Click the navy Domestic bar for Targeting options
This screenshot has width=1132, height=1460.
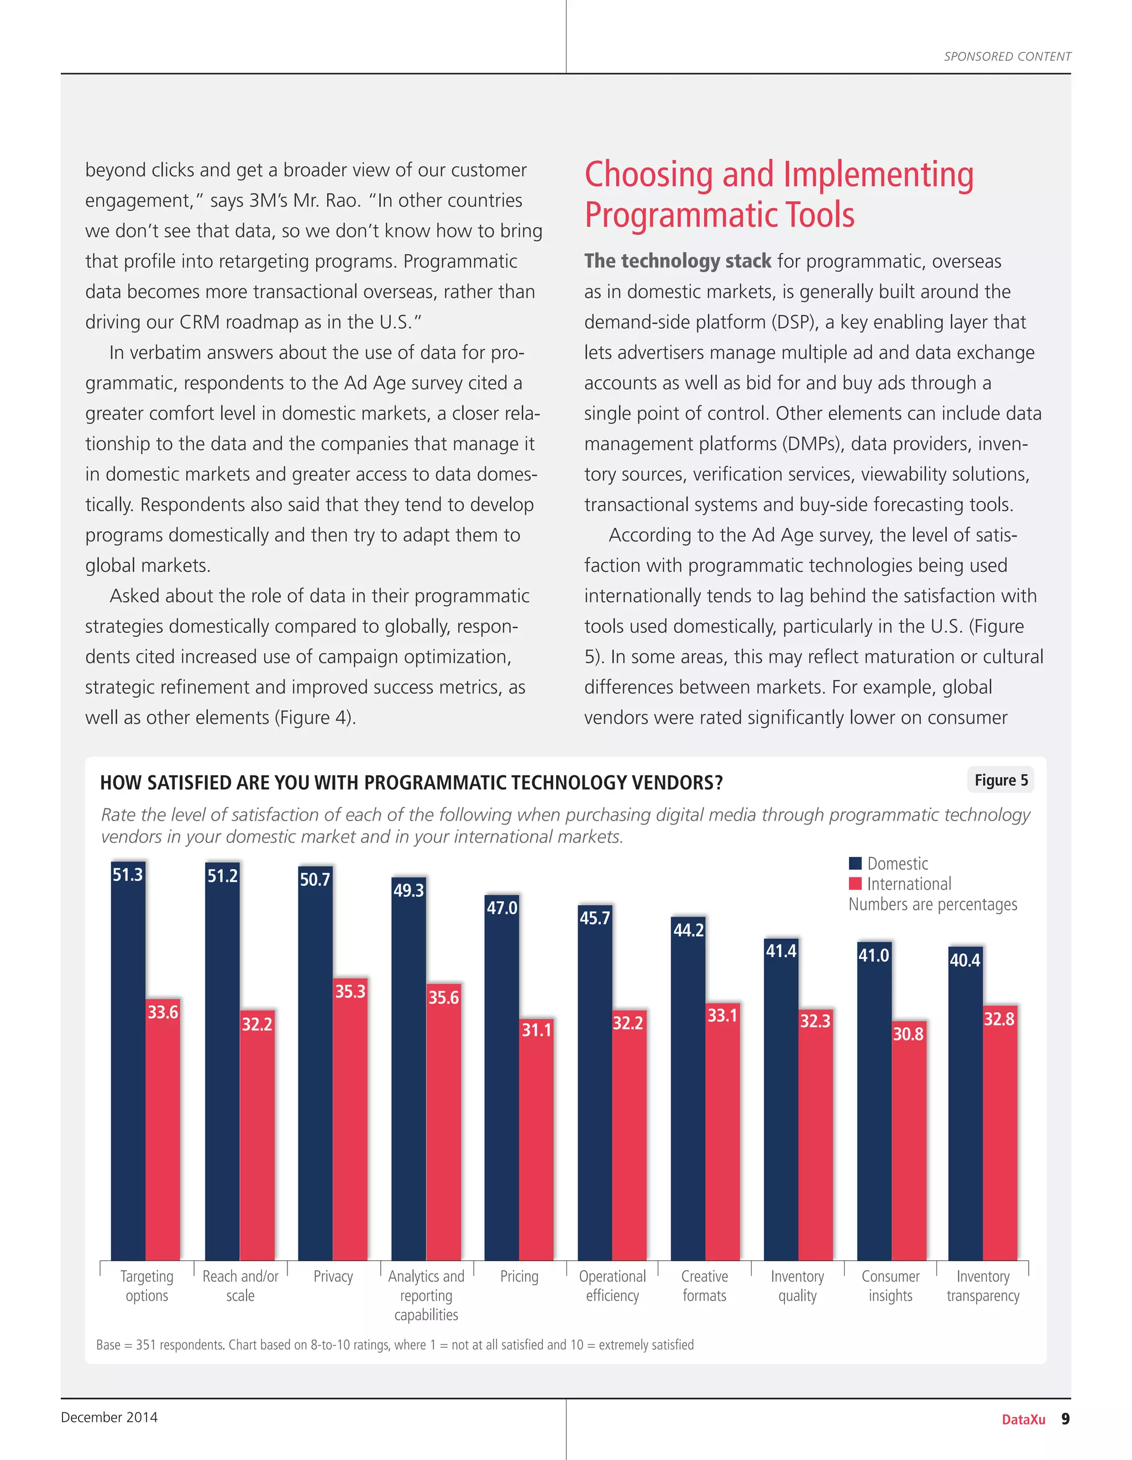128,1070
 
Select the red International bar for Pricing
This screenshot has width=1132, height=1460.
536,1143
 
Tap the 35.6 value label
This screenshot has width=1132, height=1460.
443,997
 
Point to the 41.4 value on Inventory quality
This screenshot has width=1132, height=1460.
781,950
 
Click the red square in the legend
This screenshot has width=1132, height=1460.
855,884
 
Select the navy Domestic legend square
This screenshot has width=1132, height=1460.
855,863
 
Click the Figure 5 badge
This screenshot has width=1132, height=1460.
1000,780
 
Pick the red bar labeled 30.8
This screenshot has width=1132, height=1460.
909,1143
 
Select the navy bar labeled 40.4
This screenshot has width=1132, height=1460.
965,1103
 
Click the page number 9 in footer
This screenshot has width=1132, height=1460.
1065,1419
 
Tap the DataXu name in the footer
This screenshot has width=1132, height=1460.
1023,1419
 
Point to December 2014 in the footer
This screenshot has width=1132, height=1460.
109,1417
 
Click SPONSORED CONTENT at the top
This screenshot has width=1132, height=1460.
1007,57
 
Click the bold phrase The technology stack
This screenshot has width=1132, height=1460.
677,261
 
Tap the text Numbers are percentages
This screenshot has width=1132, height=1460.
932,905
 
